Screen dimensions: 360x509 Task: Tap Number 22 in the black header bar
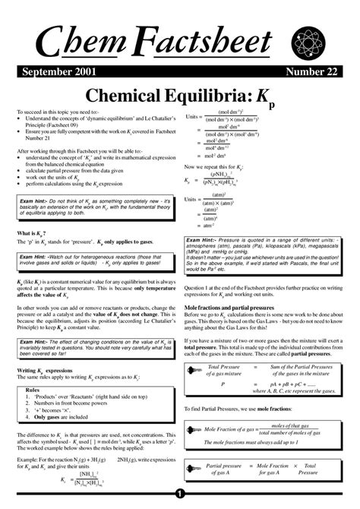[314, 69]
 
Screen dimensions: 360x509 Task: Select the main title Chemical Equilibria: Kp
[181, 94]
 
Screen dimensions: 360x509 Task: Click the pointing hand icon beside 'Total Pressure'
[195, 369]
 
